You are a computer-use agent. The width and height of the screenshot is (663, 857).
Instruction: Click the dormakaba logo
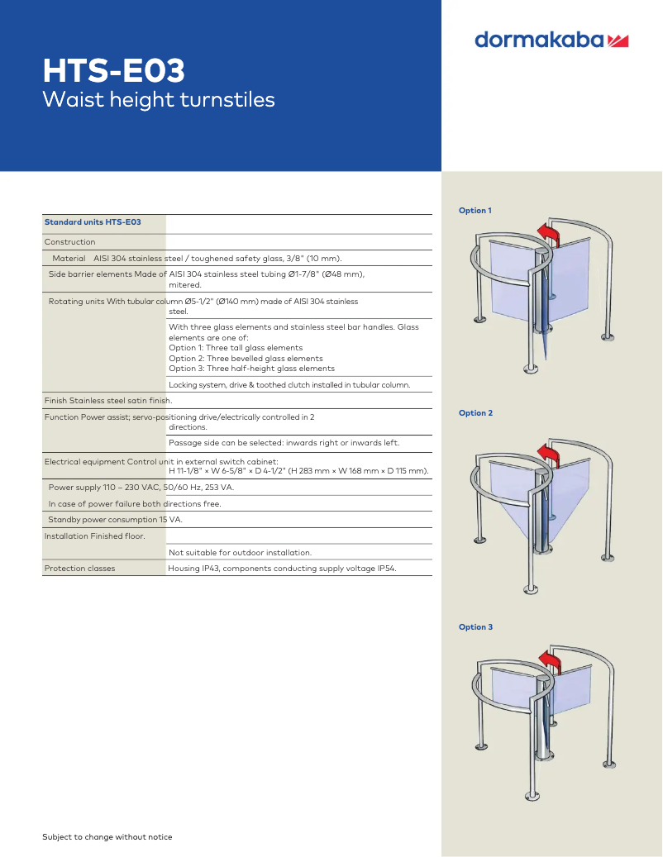click(551, 40)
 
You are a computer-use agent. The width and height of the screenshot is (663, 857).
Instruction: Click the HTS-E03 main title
click(114, 70)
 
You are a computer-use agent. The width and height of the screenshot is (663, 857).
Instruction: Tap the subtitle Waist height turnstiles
click(159, 100)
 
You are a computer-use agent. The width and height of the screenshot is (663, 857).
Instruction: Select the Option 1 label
click(475, 211)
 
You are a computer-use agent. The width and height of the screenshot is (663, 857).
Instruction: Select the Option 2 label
click(475, 413)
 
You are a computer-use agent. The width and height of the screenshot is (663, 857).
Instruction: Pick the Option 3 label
click(475, 627)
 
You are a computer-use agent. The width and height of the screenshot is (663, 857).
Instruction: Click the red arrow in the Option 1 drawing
click(549, 235)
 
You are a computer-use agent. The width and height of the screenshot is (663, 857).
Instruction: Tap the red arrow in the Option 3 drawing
click(550, 663)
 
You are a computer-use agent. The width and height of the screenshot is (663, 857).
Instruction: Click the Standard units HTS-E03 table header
click(93, 222)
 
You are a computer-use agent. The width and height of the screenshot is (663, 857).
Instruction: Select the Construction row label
click(69, 242)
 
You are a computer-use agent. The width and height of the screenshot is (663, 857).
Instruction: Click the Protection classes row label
click(80, 569)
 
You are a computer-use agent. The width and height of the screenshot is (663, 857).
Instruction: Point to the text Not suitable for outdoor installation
click(240, 553)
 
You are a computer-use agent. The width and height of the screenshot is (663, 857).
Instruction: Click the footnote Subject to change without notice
click(107, 837)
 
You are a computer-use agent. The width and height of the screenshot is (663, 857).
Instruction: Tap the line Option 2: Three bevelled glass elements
click(246, 359)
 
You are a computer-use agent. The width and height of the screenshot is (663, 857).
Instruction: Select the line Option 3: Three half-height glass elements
click(251, 369)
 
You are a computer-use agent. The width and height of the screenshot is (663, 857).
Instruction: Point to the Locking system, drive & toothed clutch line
click(289, 385)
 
